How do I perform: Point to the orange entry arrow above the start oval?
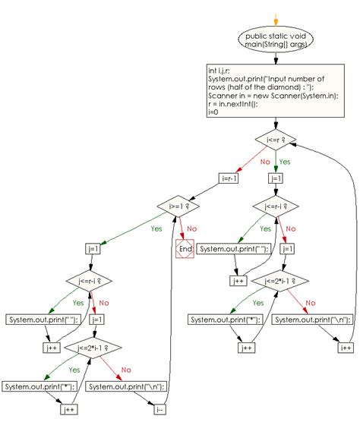coord(276,17)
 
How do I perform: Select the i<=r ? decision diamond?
coord(275,140)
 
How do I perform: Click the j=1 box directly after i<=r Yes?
coord(275,178)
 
